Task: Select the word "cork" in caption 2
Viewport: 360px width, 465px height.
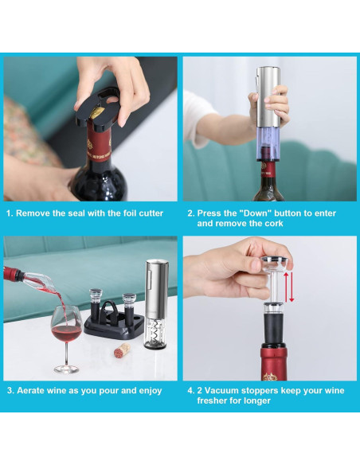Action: click(271, 225)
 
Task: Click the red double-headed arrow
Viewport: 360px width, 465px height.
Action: click(291, 287)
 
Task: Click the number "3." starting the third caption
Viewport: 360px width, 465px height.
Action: click(10, 391)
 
